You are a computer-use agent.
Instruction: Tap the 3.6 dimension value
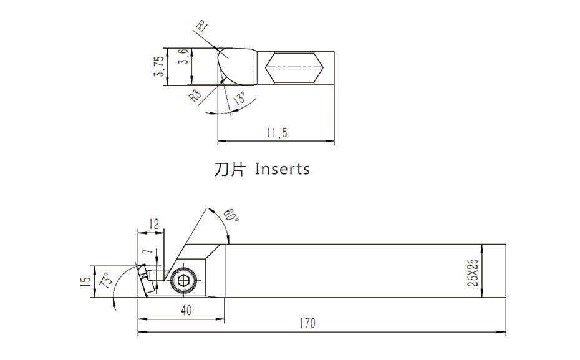[182, 59]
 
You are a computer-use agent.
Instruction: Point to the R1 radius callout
[201, 27]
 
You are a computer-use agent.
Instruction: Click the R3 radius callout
[196, 95]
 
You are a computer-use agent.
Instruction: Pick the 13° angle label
[238, 100]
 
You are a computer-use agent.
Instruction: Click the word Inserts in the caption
[283, 169]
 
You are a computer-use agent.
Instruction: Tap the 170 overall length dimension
[307, 324]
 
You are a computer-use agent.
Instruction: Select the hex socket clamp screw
[183, 281]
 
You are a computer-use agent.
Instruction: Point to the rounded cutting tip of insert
[223, 61]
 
